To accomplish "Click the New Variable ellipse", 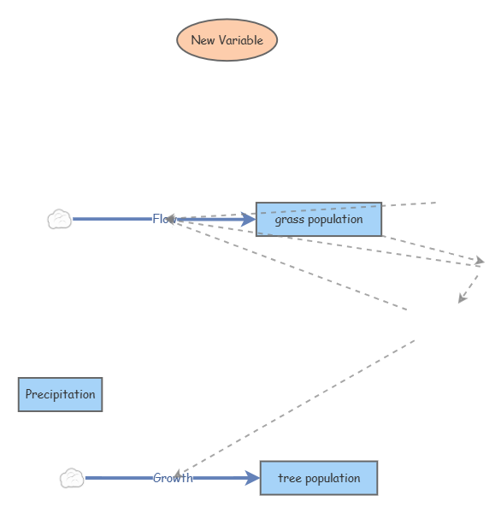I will coord(227,40).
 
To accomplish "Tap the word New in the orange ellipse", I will coord(202,40).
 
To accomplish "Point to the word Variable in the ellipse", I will coord(240,40).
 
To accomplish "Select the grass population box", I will coord(318,220).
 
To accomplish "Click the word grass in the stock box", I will coord(289,220).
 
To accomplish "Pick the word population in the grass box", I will coord(335,220).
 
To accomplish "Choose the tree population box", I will coord(318,478).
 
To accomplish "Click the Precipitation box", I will coord(60,394).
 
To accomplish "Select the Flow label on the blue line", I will coord(162,220).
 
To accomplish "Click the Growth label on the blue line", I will coord(172,478).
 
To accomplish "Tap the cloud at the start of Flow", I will coord(59,220).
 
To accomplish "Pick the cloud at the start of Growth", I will coord(72,478).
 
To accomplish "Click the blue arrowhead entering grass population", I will coord(249,220).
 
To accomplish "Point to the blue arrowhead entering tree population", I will coord(253,478).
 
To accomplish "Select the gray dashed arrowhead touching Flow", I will coord(171,219).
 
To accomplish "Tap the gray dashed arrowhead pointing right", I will coord(480,260).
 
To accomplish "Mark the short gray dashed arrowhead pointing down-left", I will coord(462,298).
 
